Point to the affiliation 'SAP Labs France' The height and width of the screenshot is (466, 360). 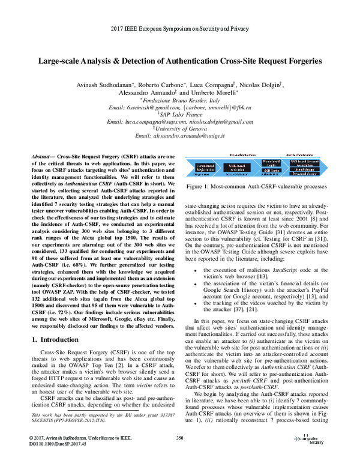(x=181, y=112)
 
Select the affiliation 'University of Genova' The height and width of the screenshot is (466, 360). (x=181, y=128)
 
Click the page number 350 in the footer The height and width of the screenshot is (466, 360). (x=179, y=455)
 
